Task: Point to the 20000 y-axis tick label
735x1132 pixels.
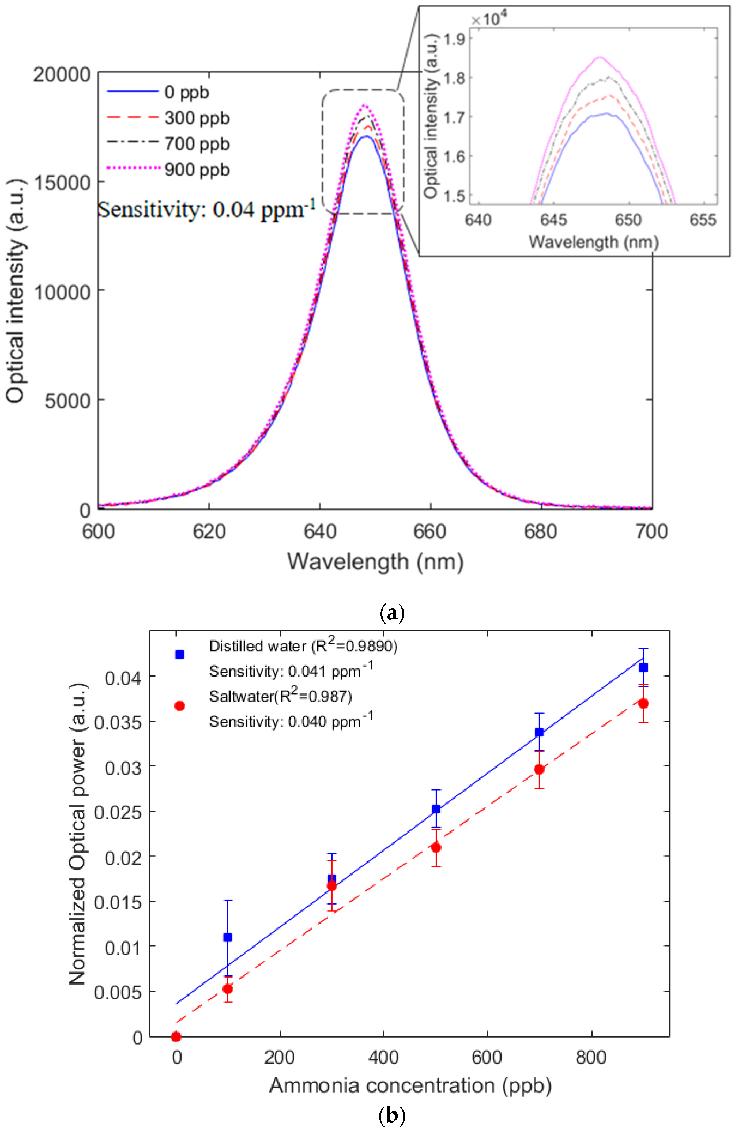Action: (61, 75)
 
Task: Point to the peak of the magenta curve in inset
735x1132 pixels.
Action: (600, 57)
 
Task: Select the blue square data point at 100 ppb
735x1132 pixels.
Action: (228, 937)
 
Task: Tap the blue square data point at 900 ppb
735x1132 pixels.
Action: (643, 668)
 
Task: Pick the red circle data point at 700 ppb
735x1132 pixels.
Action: (539, 770)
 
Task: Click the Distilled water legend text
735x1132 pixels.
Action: (303, 646)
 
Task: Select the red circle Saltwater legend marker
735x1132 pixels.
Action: (179, 706)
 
